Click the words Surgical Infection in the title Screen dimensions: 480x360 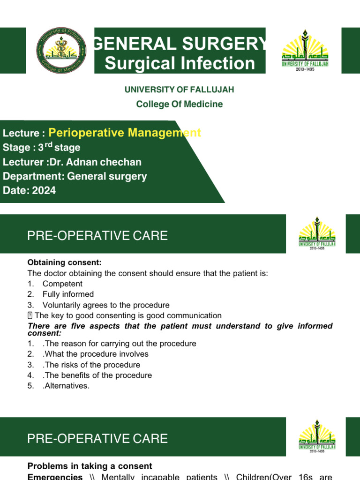point(180,63)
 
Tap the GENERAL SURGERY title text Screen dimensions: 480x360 point(180,44)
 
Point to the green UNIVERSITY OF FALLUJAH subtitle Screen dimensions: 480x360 point(180,90)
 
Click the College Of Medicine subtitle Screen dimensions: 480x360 point(180,104)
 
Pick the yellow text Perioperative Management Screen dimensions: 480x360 point(125,133)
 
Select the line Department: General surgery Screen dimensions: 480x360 point(75,177)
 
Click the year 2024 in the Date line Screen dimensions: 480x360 point(44,191)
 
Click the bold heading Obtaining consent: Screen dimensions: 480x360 point(64,262)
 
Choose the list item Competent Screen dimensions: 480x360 point(62,284)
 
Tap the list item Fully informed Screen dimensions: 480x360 point(68,294)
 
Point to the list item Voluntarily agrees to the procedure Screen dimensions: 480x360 point(106,305)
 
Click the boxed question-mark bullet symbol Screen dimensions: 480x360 point(30,315)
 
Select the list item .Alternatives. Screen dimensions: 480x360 point(66,386)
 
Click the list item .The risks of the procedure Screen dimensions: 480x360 point(91,365)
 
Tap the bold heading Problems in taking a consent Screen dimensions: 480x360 point(90,466)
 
